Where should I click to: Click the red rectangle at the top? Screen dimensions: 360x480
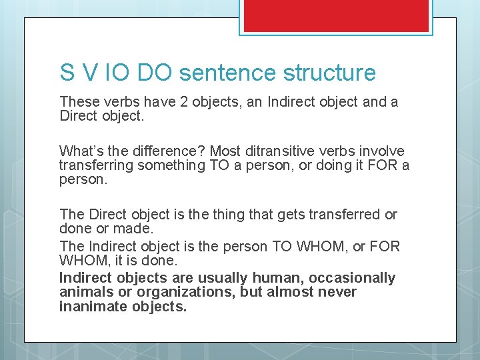(x=336, y=15)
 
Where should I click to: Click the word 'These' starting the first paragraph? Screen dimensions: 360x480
(x=77, y=102)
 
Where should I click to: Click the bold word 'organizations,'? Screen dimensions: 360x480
(x=155, y=292)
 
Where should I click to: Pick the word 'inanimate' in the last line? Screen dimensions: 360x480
(x=90, y=307)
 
